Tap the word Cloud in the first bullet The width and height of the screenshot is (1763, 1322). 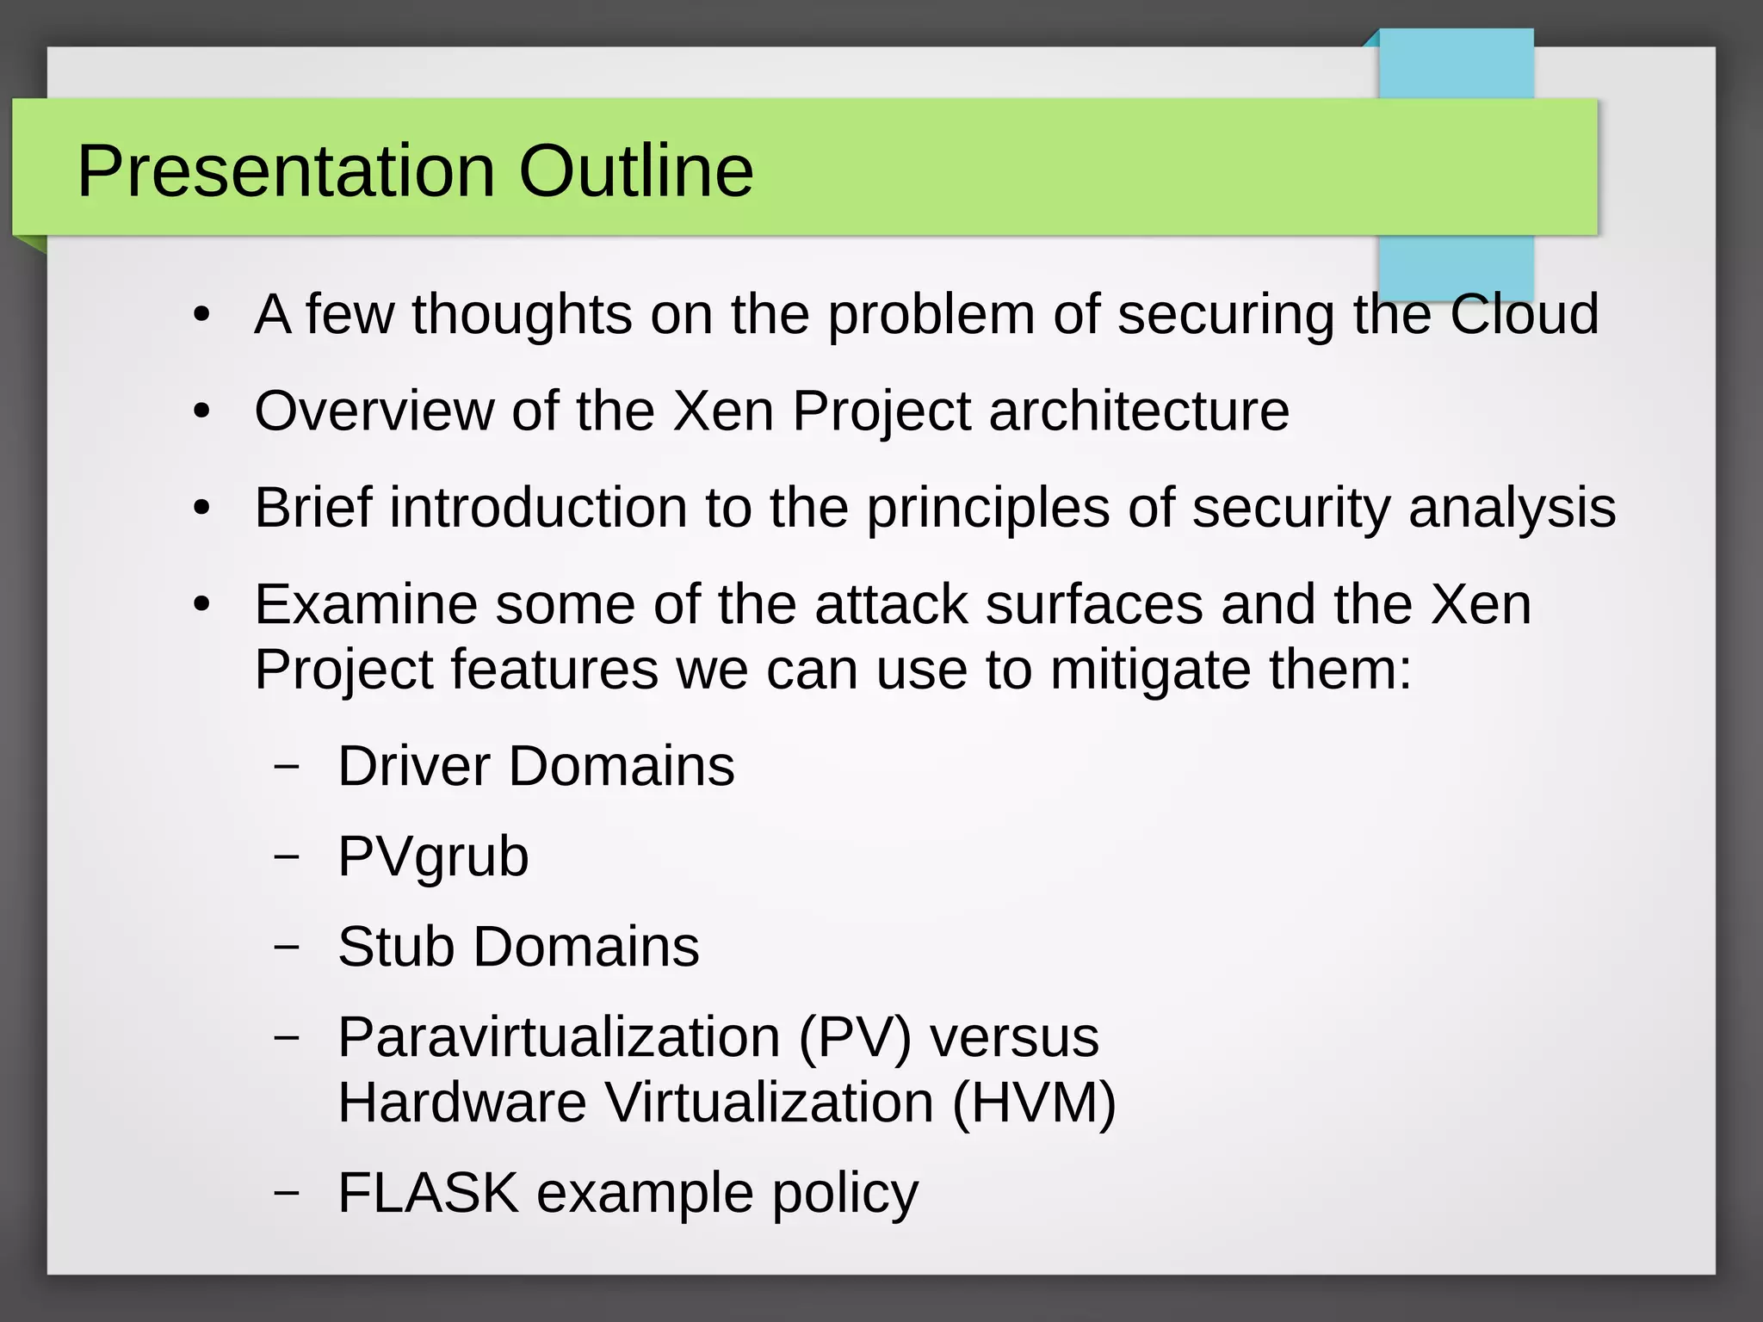[1524, 313]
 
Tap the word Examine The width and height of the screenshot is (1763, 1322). [365, 604]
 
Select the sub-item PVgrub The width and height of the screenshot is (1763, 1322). [433, 856]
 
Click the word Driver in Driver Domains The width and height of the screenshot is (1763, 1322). [413, 766]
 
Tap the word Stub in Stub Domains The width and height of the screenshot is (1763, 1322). [396, 947]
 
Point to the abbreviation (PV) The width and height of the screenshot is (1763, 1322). [854, 1037]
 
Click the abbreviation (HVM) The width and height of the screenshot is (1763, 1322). [1034, 1103]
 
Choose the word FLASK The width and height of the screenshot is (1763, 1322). [428, 1193]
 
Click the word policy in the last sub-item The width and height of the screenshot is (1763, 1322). [844, 1195]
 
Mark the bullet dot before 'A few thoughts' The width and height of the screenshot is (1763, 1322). [201, 315]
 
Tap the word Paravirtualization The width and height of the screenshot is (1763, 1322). [559, 1037]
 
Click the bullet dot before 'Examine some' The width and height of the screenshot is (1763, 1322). [201, 605]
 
